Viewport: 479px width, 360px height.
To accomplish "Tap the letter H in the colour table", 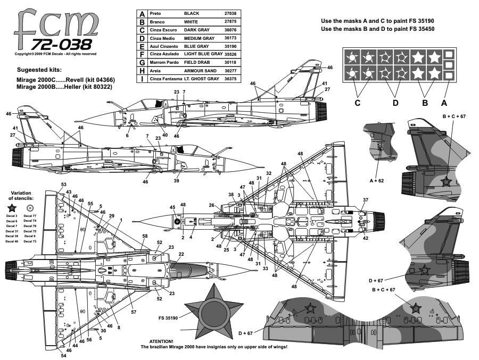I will coord(142,69).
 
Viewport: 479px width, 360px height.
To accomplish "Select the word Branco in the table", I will coord(158,21).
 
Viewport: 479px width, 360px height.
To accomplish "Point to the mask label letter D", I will coord(395,104).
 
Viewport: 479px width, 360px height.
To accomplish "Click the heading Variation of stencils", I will coord(20,196).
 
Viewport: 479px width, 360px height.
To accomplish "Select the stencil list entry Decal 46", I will coord(12,241).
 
